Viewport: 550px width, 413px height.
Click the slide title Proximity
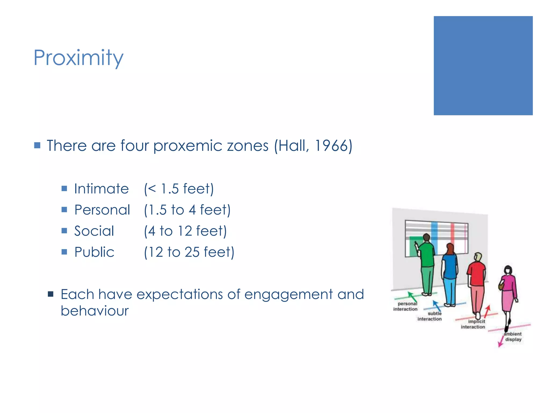[78, 58]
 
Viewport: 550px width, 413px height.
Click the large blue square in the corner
[483, 66]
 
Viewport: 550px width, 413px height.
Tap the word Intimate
[102, 189]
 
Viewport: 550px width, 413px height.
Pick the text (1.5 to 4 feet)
[187, 210]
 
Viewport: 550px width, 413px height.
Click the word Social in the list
[94, 231]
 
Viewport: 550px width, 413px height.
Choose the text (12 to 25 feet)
[189, 252]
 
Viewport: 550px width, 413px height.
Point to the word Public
[94, 252]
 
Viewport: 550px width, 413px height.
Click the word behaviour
[95, 311]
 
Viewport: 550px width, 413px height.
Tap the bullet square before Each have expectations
[50, 294]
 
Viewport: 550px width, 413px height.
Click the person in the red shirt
[476, 282]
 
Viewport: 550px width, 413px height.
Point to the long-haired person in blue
[450, 274]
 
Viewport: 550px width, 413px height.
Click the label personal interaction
[406, 307]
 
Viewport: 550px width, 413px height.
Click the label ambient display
[513, 337]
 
